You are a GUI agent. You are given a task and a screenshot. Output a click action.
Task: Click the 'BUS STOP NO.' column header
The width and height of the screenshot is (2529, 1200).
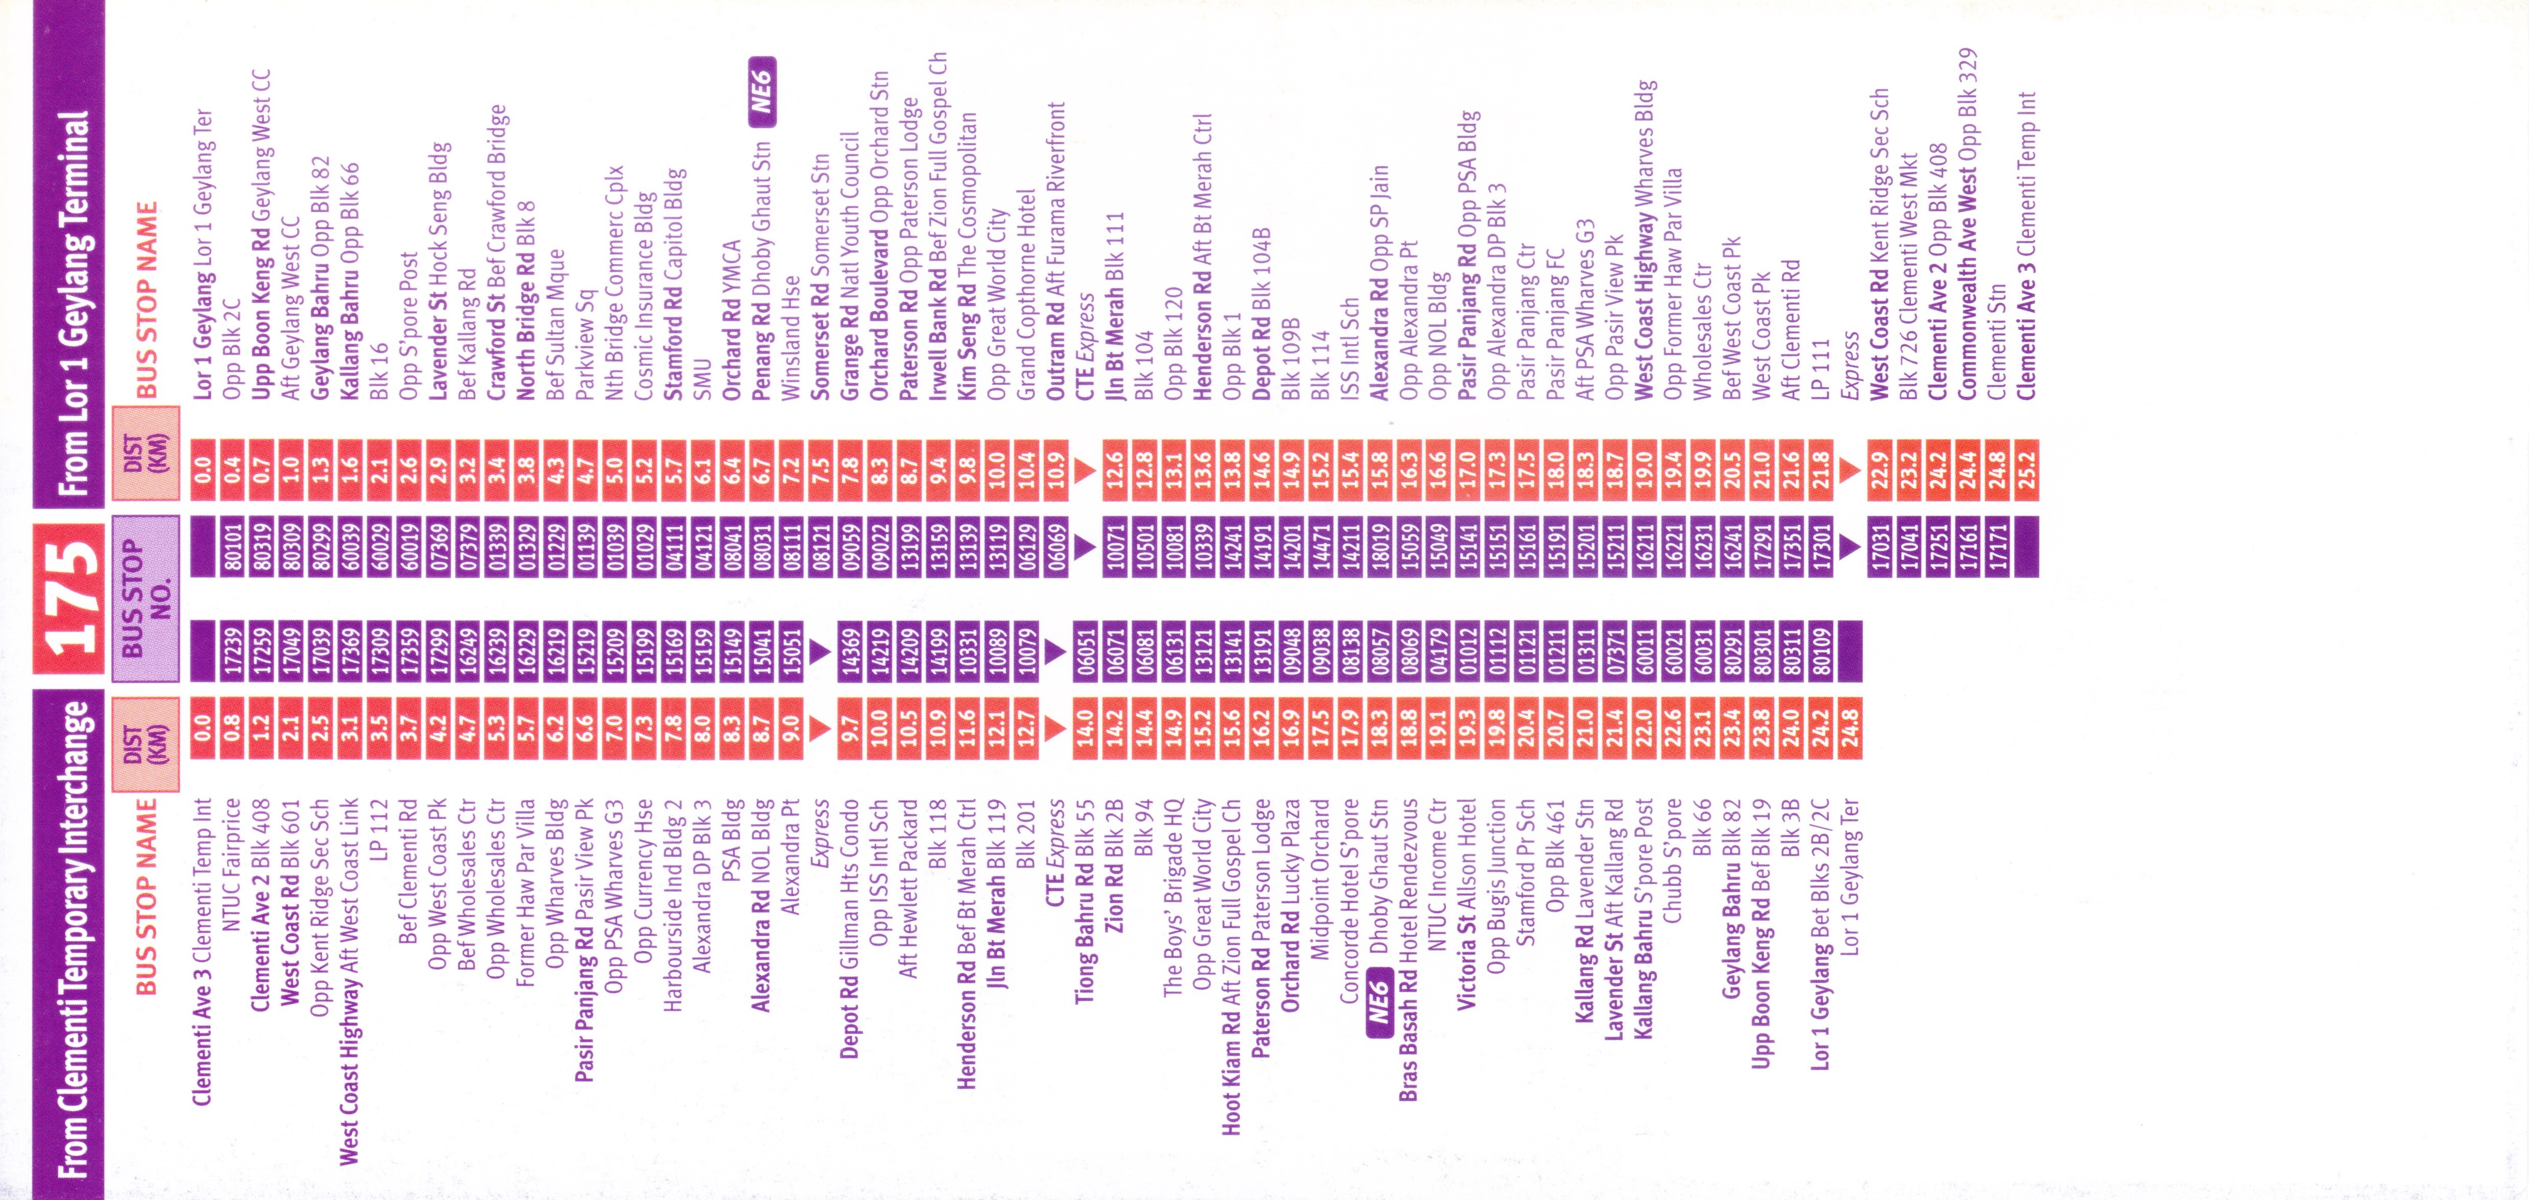coord(145,599)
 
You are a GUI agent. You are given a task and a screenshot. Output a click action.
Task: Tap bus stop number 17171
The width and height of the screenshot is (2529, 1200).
coord(1997,545)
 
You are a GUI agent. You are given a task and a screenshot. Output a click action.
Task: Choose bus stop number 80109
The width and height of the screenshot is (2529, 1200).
coord(1820,648)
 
